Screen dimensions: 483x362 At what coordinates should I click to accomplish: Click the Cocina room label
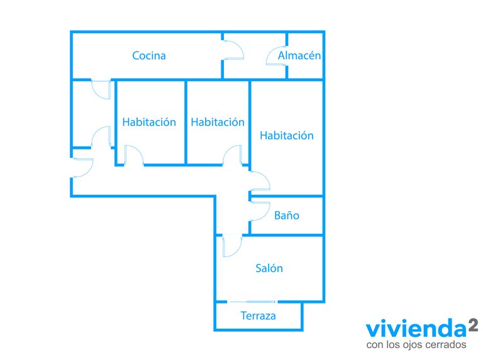[x=149, y=56]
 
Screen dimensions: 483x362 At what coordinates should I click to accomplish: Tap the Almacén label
[x=299, y=55]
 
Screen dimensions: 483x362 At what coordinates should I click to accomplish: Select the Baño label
[x=287, y=216]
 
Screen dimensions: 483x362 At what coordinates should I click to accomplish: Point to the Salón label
[x=269, y=268]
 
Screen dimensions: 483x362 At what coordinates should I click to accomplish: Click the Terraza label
[x=258, y=316]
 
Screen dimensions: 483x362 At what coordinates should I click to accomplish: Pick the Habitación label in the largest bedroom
[x=287, y=136]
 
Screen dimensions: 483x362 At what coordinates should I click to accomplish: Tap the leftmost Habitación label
[x=149, y=122]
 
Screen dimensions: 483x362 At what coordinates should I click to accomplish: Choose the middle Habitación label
[x=218, y=122]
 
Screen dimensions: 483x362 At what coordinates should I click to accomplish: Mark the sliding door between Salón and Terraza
[x=252, y=302]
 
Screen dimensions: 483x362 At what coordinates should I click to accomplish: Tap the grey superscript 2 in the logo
[x=473, y=325]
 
